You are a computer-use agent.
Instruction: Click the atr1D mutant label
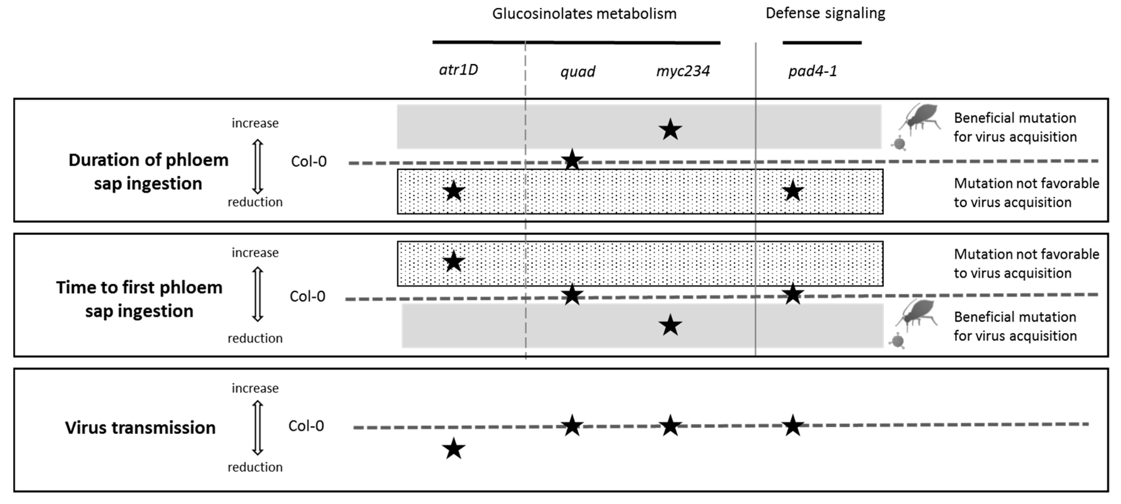(x=458, y=70)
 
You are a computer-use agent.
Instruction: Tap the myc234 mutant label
(x=683, y=71)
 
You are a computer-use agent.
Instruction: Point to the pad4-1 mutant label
(x=813, y=71)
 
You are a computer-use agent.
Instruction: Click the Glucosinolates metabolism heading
(x=584, y=14)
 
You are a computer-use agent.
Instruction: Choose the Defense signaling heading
(x=825, y=13)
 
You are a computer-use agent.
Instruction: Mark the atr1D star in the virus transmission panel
(x=453, y=449)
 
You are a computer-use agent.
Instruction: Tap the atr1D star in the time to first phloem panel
(x=453, y=261)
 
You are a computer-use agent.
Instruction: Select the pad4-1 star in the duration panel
(x=792, y=191)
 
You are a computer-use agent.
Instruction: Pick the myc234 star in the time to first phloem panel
(x=670, y=325)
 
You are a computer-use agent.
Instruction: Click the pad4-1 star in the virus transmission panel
(x=792, y=425)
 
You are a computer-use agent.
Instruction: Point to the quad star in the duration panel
(x=572, y=160)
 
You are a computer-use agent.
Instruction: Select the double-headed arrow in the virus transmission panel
(x=258, y=427)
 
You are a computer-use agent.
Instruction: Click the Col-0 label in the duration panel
(x=308, y=162)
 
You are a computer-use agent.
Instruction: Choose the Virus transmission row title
(x=140, y=427)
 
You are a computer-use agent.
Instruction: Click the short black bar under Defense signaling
(x=822, y=43)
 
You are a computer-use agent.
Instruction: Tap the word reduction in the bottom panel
(x=255, y=467)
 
